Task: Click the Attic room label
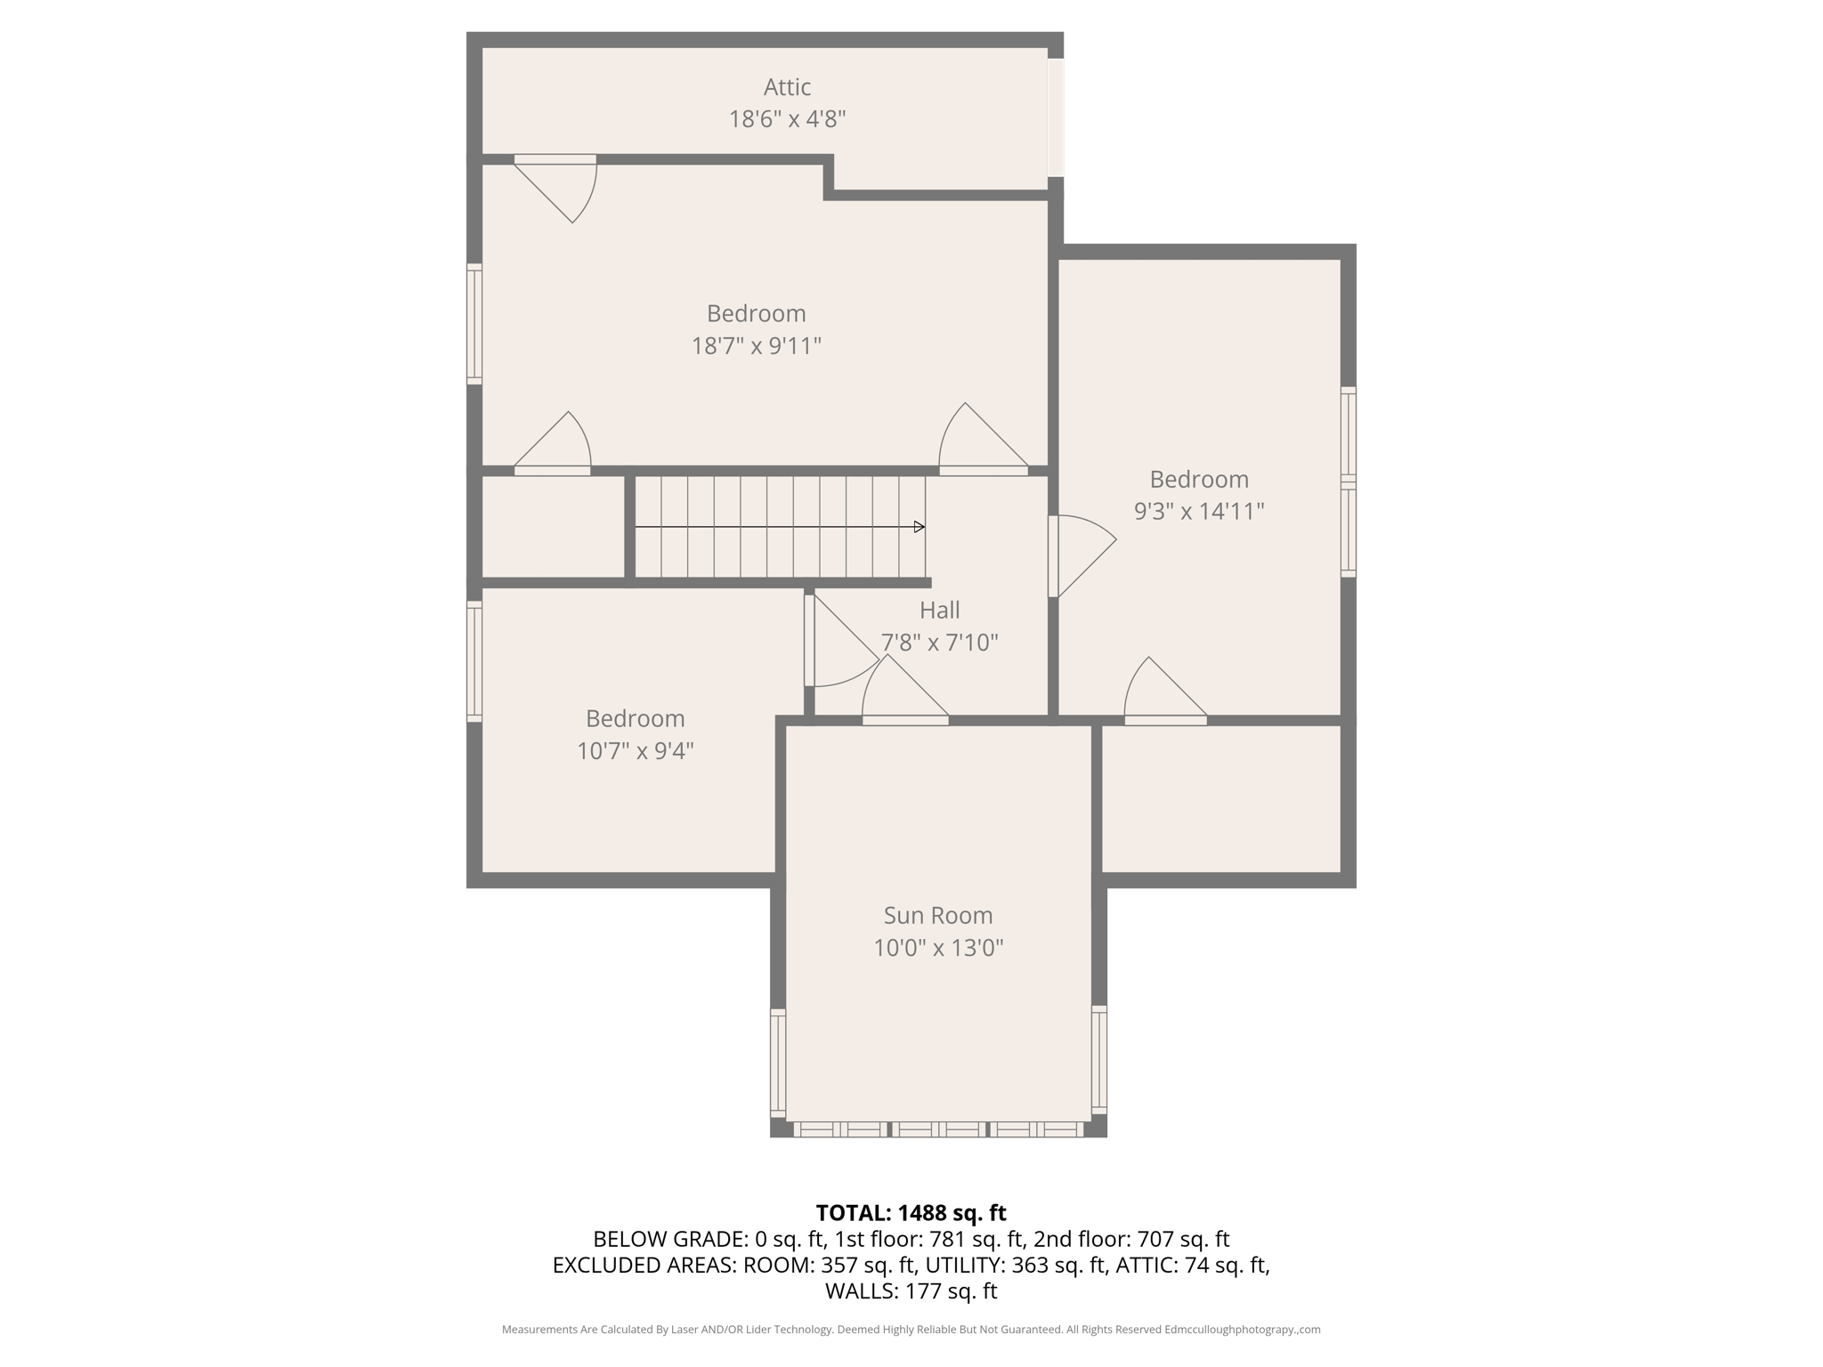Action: [787, 87]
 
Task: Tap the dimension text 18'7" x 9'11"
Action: [756, 345]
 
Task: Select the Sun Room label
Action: [937, 915]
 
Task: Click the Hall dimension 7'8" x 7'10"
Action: [939, 642]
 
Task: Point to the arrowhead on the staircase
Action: [920, 527]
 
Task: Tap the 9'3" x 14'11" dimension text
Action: [1198, 511]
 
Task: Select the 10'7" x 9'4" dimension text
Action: [635, 750]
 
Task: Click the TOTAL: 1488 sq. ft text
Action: [911, 1212]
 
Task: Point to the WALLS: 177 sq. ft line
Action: [911, 1290]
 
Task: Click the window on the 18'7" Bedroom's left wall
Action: [474, 325]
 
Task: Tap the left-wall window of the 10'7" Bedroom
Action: [474, 661]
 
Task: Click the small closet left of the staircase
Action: [553, 527]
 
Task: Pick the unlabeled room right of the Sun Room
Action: [1220, 798]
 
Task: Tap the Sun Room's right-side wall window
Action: [1099, 1060]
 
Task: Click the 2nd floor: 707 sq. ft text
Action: [1130, 1239]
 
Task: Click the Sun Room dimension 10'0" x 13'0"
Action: [937, 948]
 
